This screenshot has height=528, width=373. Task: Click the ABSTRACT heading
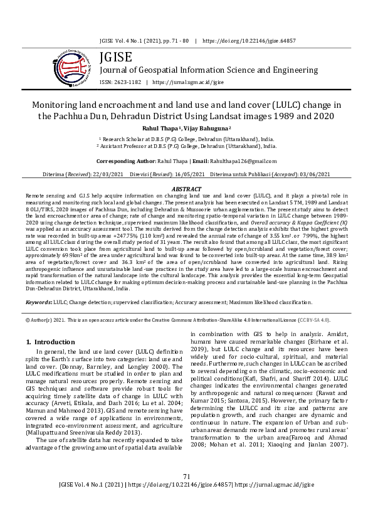(186, 189)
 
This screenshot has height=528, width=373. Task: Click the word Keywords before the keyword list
(38, 302)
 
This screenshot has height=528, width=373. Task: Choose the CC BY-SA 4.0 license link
(313, 320)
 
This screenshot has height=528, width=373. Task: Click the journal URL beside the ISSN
(187, 82)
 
